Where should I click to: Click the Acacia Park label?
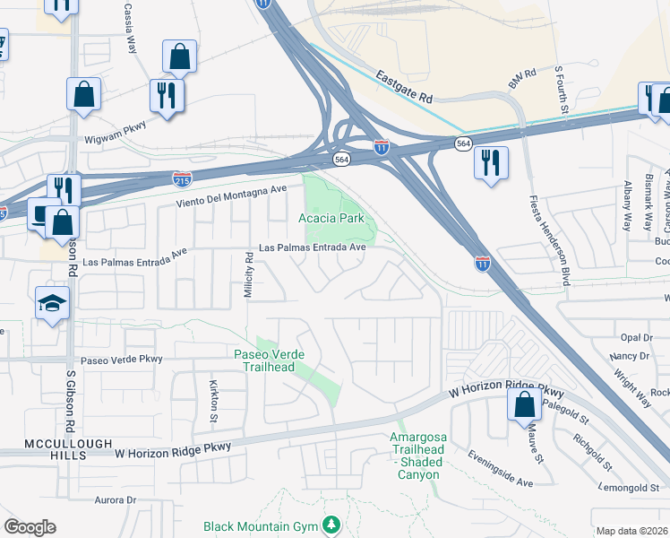(331, 218)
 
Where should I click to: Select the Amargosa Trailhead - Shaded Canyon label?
(417, 449)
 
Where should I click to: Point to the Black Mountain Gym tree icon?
(332, 524)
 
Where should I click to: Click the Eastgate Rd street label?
(403, 87)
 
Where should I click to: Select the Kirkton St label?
(215, 400)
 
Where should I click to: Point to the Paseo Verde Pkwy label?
(122, 359)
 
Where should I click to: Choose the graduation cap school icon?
(52, 303)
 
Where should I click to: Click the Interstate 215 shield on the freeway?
(182, 178)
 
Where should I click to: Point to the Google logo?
(30, 527)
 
